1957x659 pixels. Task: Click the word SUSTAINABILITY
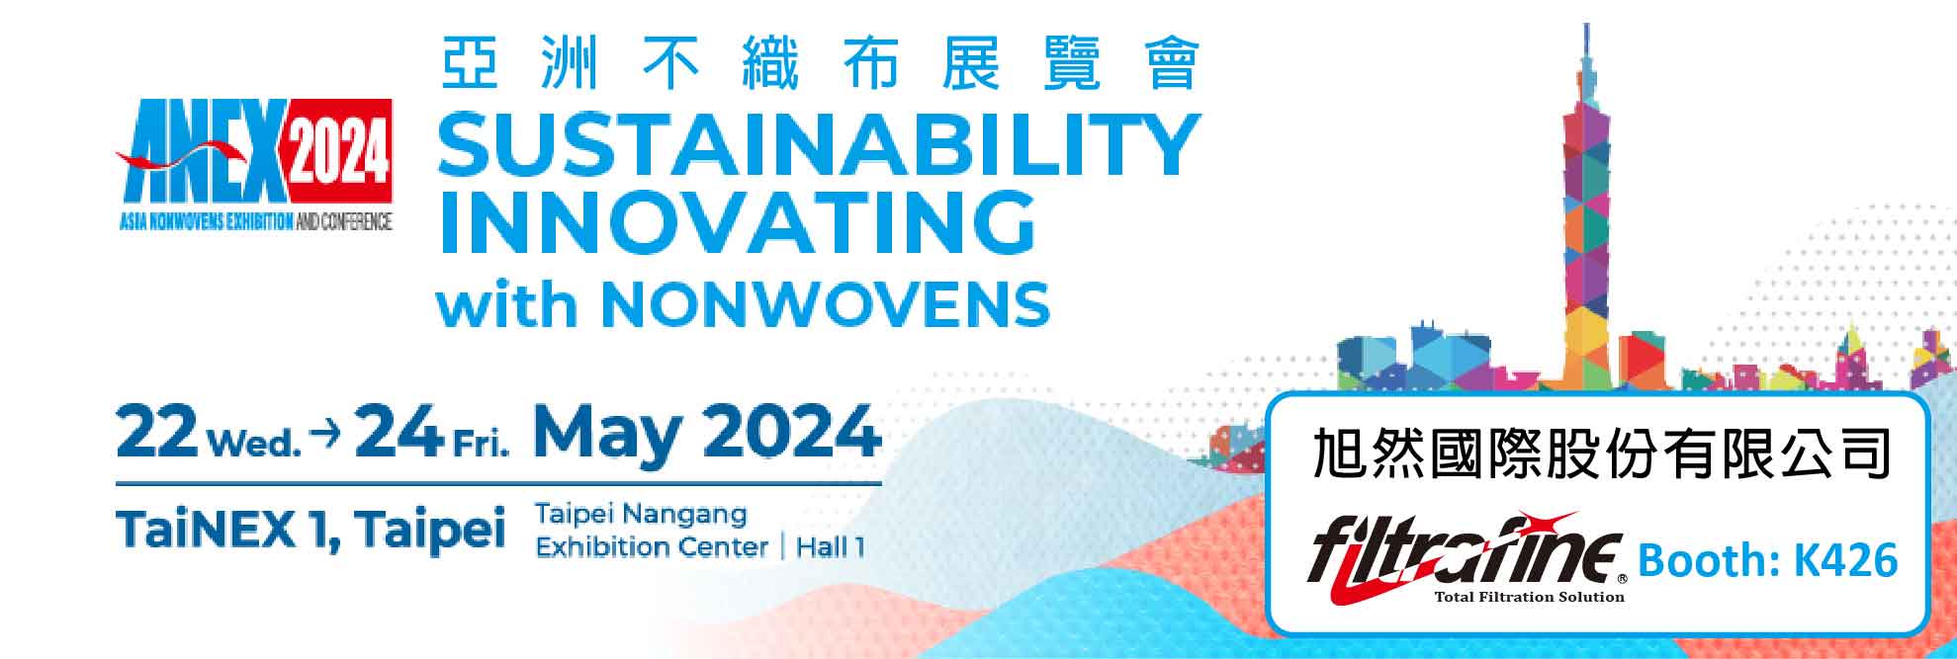(819, 144)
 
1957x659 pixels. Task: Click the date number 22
(156, 432)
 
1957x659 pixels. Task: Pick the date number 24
(397, 432)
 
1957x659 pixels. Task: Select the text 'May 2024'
(707, 434)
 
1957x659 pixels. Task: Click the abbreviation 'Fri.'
(481, 445)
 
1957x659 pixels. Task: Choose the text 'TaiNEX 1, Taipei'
(311, 530)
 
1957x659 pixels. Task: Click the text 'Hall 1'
(831, 546)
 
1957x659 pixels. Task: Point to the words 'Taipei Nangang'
(641, 514)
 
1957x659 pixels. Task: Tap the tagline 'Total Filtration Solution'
(1529, 597)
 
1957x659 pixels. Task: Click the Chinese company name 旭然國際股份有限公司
(1601, 454)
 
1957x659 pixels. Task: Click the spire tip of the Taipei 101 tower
(1587, 24)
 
